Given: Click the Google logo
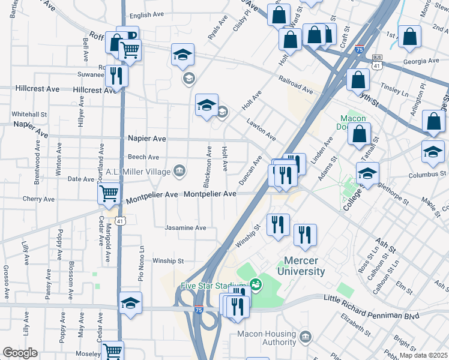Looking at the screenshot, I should pos(19,353).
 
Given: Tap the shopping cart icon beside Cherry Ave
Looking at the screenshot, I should pos(109,194).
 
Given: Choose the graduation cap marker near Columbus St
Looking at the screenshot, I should pos(367,174).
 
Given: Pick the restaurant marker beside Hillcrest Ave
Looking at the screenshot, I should pos(116,76).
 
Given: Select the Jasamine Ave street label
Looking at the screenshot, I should pos(186,228).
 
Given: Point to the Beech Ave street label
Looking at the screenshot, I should pos(143,157).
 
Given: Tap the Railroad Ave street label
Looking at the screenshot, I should pos(295,85).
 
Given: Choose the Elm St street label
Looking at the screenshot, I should pos(402,283).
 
